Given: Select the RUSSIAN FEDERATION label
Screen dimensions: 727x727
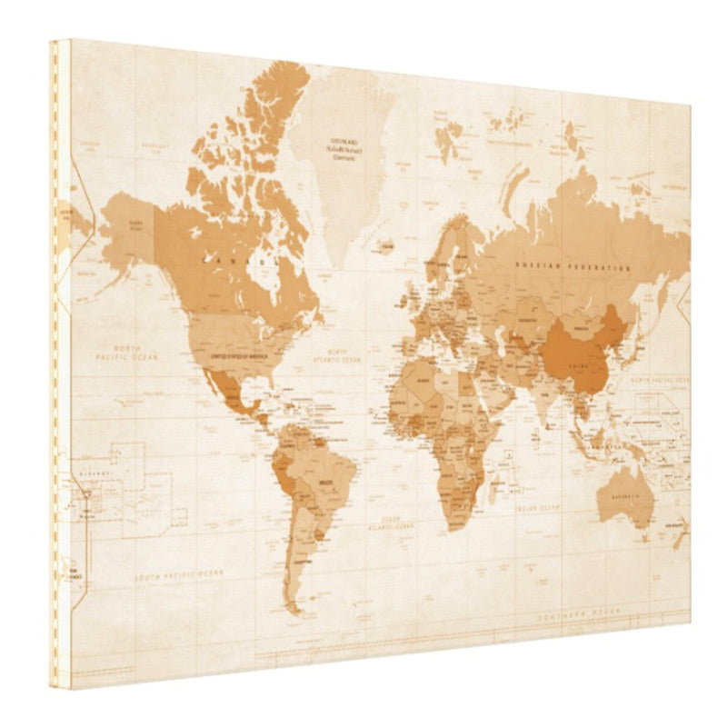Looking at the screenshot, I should pos(572,268).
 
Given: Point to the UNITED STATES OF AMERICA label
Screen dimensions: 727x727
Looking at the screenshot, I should pos(239,357).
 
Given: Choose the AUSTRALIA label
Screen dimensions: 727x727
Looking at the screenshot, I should pos(624,496).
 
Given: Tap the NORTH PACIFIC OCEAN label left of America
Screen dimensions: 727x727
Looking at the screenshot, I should pos(126,353).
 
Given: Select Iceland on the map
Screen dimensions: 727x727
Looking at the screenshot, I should pos(385,244).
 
